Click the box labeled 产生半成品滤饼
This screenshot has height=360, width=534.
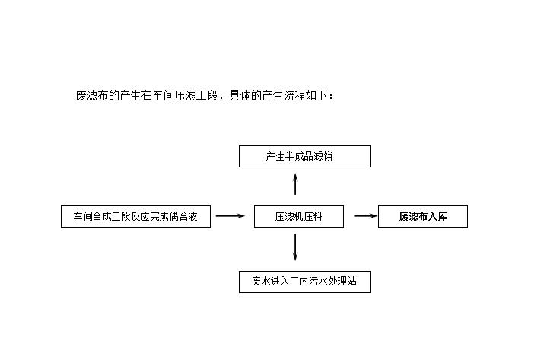(x=305, y=156)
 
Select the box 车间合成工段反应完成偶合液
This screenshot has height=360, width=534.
(x=135, y=216)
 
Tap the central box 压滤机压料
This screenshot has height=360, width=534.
(x=299, y=216)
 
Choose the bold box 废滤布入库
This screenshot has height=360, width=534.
(x=423, y=216)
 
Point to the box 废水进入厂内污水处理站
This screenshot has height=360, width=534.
(x=305, y=282)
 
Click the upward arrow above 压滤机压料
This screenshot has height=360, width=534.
(x=295, y=184)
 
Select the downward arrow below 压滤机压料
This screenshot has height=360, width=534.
(x=295, y=247)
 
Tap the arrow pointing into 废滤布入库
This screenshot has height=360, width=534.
(x=366, y=215)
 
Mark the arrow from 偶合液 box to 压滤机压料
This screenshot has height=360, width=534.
(x=230, y=215)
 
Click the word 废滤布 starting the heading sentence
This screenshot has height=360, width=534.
(x=91, y=96)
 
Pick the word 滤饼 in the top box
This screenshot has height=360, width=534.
(x=323, y=156)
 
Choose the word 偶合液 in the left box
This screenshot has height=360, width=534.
(x=183, y=216)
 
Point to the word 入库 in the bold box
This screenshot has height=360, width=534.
(x=438, y=216)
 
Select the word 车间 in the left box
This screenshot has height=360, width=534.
(x=83, y=216)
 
